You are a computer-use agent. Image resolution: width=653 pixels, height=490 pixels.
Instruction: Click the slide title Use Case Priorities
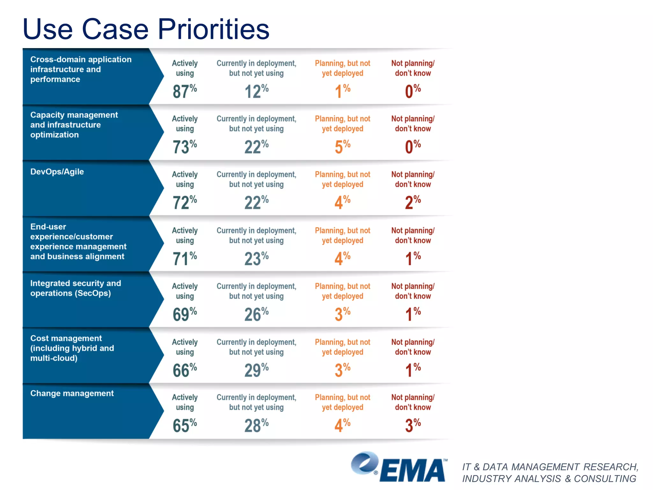[146, 29]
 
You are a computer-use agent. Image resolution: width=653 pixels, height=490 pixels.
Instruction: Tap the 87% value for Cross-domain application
[184, 91]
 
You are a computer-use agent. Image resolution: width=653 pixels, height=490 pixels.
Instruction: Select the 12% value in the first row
[256, 91]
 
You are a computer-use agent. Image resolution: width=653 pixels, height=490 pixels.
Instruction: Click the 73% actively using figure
[184, 147]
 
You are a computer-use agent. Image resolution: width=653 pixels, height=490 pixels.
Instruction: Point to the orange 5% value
[342, 147]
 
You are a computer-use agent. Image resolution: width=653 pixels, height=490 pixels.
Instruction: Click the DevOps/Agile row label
[57, 172]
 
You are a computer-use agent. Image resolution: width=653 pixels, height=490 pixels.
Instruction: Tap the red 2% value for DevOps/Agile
[413, 202]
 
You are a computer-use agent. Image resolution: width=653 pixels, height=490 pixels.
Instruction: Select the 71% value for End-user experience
[184, 258]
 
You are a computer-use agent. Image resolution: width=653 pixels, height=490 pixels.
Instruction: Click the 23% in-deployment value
[256, 258]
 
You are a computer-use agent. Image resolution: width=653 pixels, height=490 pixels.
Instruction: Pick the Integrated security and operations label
[76, 288]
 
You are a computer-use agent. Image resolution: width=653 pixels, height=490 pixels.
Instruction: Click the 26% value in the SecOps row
[256, 314]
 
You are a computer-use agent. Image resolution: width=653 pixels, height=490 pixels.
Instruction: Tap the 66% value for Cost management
[184, 370]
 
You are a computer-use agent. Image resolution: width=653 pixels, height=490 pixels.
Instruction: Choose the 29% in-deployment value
[256, 370]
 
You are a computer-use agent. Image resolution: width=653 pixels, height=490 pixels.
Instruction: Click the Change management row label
[72, 393]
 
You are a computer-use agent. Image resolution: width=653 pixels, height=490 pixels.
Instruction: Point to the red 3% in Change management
[413, 425]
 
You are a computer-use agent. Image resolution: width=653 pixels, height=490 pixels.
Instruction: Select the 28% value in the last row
[256, 425]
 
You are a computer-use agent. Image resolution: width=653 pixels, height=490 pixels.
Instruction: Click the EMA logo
[399, 467]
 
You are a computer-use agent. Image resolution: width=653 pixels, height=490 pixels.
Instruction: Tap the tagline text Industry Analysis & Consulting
[549, 479]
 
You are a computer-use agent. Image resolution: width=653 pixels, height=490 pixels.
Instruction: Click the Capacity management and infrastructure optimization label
[74, 125]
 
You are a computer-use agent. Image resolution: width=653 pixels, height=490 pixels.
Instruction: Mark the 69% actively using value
[184, 314]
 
